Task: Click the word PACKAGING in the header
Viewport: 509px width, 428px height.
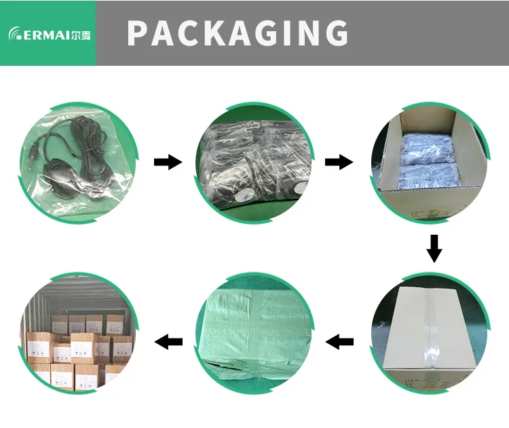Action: (x=238, y=33)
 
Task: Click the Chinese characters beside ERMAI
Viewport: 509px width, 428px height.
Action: (x=80, y=34)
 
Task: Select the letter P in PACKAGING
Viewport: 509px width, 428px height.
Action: (x=139, y=33)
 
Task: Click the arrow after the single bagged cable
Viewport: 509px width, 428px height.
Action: (x=168, y=162)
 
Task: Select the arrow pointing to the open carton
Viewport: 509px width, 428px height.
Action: (x=339, y=162)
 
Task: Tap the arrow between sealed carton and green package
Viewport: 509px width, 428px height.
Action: (x=340, y=342)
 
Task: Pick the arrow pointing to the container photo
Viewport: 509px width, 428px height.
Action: (x=169, y=342)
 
